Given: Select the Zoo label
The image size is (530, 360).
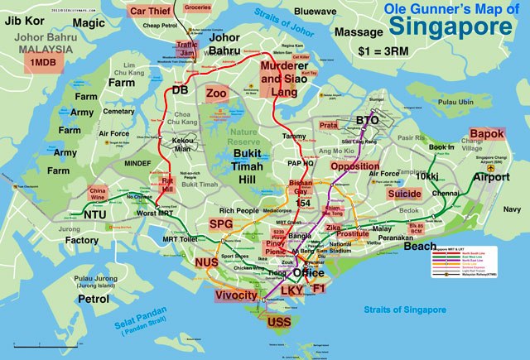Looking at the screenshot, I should coord(217,93).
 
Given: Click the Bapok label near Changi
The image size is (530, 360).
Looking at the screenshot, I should coord(486,133).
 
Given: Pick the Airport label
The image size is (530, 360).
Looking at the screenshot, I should coord(491,177).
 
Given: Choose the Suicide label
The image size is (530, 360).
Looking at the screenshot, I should coord(404,194).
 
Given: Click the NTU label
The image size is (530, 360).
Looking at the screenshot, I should coord(94,214).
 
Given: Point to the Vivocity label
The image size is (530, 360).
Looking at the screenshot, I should coord(236,295).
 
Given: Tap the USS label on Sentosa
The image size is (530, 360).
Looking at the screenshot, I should coord(277,321).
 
